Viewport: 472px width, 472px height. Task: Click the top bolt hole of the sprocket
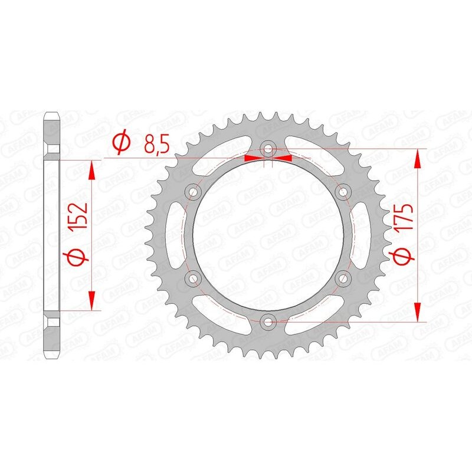tap(268, 149)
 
